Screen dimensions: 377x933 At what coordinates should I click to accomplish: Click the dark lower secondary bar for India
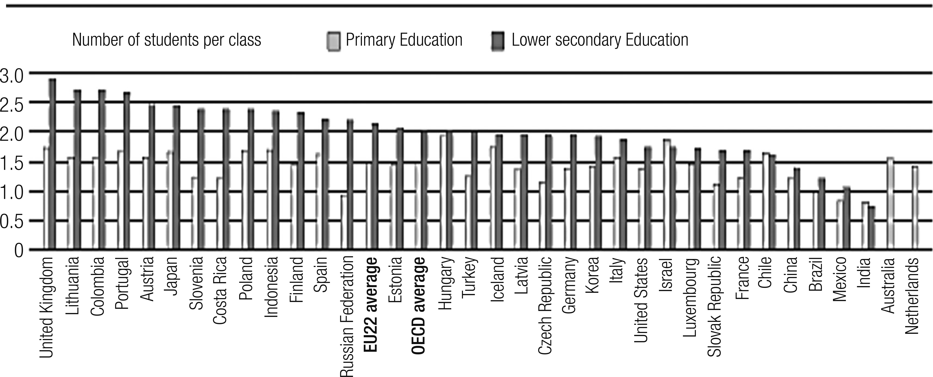tap(871, 228)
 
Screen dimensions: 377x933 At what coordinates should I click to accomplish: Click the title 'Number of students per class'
tap(167, 40)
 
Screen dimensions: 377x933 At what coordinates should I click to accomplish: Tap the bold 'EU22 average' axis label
tap(371, 304)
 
